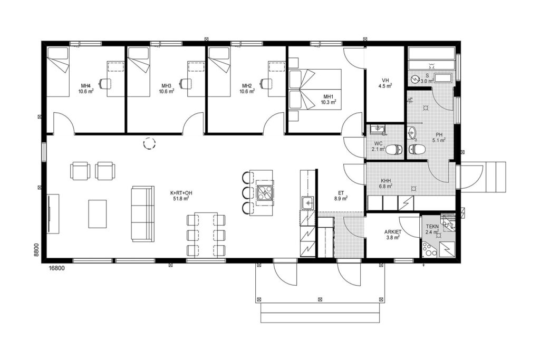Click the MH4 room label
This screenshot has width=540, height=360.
point(86,86)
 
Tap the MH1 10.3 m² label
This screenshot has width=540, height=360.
point(327,99)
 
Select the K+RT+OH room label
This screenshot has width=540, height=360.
point(181,193)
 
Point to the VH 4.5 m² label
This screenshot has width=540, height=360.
point(385,83)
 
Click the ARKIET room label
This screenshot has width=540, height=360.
point(392,232)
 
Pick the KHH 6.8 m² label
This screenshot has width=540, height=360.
point(385,183)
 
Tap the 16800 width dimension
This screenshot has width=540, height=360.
point(57,268)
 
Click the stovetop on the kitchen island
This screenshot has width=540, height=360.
point(265,192)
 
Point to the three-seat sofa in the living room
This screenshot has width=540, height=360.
point(143,213)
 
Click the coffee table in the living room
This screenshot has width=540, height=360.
point(98,213)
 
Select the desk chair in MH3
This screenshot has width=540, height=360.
point(185,83)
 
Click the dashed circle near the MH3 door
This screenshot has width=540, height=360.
point(149,143)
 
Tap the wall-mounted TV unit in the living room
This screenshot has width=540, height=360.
point(53,213)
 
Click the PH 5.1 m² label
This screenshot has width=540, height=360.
point(439,138)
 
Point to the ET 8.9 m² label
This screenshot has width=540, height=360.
point(340,195)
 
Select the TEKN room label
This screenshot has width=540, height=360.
point(432,227)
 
